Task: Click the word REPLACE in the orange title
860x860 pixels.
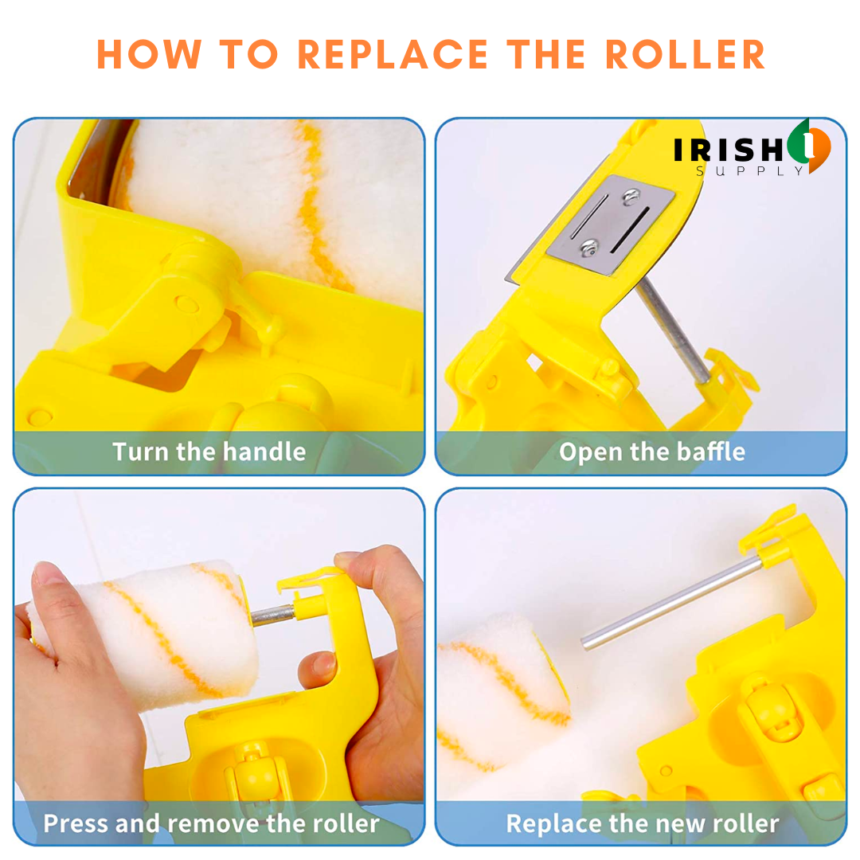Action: (x=392, y=55)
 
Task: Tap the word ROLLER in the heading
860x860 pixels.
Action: (x=685, y=55)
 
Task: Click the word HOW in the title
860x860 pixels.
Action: (x=149, y=55)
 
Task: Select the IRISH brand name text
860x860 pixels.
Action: (x=729, y=150)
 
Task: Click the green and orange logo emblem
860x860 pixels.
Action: (x=809, y=146)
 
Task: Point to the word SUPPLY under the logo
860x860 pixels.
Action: (x=750, y=171)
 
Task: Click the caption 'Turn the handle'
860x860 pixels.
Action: (x=209, y=452)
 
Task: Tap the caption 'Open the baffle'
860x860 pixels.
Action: (x=652, y=452)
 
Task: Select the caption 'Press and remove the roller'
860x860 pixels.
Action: (x=211, y=823)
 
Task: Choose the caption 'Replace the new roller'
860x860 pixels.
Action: (x=643, y=823)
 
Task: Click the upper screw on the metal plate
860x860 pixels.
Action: (x=631, y=196)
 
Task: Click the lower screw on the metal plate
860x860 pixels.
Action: (x=589, y=248)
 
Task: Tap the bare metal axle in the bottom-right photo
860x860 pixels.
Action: (x=670, y=604)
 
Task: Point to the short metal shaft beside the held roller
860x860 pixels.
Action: (x=272, y=616)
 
